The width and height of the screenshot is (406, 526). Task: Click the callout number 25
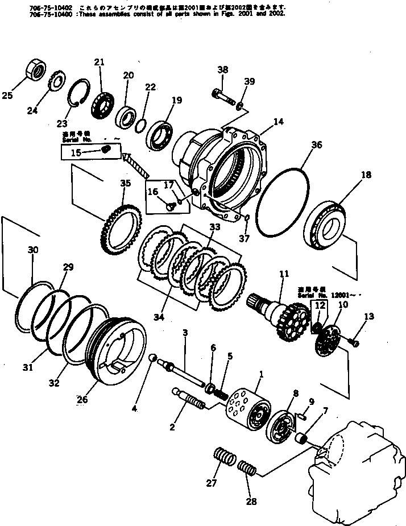(7, 96)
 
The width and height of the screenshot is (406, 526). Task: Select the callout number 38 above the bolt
(222, 70)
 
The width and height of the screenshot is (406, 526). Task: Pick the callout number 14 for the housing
(278, 121)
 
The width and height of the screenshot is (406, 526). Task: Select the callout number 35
(125, 183)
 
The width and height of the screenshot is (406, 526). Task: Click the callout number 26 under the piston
(83, 399)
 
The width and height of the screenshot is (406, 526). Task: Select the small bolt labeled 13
(355, 342)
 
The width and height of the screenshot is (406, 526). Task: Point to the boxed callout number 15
(76, 152)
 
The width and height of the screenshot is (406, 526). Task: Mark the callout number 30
(33, 249)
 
